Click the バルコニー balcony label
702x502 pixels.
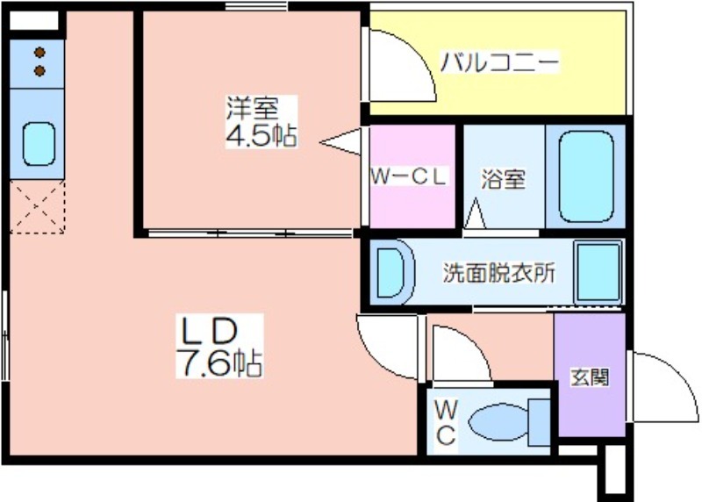pyautogui.click(x=499, y=63)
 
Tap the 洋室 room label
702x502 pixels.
pyautogui.click(x=252, y=110)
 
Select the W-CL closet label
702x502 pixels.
pyautogui.click(x=409, y=176)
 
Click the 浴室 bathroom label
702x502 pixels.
pyautogui.click(x=503, y=179)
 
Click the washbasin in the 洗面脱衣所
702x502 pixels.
pyautogui.click(x=390, y=273)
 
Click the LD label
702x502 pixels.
pyautogui.click(x=210, y=331)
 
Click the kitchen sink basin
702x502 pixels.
pyautogui.click(x=39, y=142)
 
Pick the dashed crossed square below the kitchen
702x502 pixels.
pyautogui.click(x=38, y=207)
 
